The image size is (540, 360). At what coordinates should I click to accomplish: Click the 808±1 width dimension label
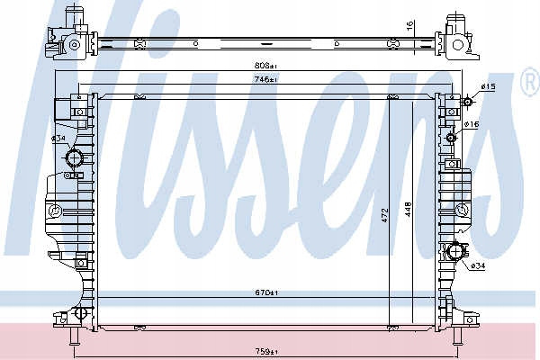265,65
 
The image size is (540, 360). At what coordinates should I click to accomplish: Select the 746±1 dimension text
265,79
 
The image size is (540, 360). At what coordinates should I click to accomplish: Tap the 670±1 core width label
266,292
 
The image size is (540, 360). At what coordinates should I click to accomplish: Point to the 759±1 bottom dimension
266,352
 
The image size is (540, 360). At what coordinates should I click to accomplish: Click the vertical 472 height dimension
385,214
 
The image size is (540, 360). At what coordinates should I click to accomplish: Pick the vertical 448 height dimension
408,209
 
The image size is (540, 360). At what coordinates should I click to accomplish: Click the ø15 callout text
488,86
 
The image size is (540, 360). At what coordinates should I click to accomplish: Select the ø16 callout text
472,124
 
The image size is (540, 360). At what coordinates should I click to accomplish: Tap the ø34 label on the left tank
58,139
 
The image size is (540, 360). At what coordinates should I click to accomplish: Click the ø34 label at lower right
478,265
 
